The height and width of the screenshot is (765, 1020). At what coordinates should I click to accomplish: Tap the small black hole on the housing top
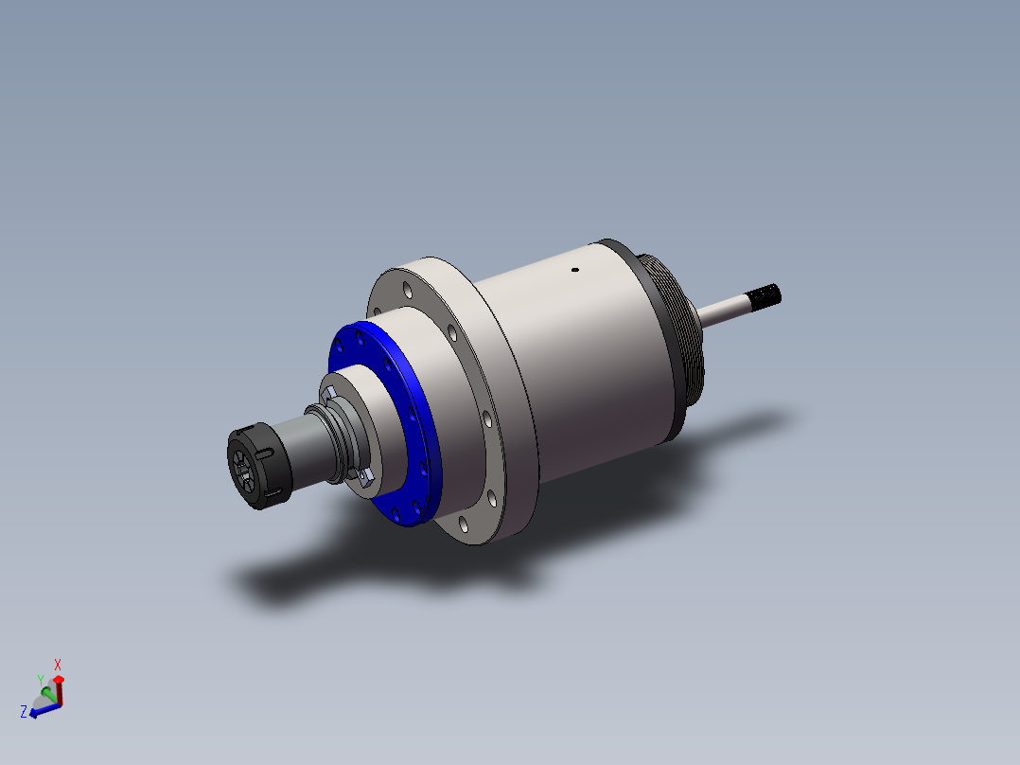574,270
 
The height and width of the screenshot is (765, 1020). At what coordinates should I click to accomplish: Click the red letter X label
58,665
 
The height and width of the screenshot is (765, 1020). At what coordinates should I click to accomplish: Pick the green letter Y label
40,679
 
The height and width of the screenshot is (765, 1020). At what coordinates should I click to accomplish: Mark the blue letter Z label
23,711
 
